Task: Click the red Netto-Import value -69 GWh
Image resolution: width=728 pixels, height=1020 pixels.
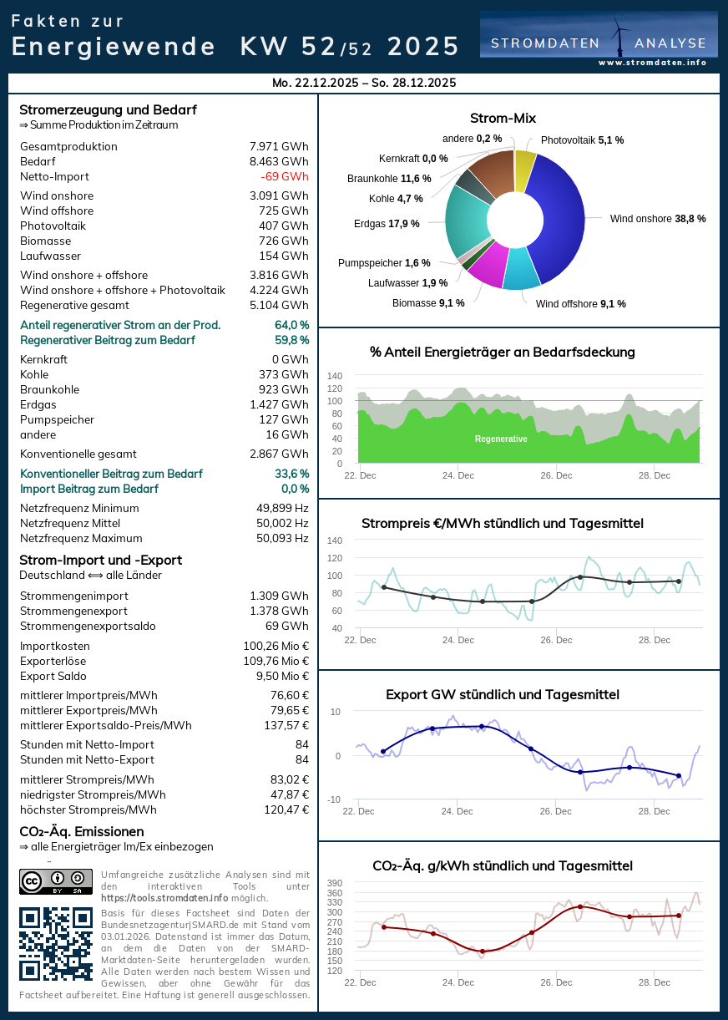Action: click(284, 176)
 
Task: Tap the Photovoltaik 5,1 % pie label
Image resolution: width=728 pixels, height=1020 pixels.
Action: click(582, 140)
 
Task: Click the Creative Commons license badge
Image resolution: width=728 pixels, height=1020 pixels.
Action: click(56, 881)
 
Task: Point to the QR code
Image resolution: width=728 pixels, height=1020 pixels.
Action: click(56, 943)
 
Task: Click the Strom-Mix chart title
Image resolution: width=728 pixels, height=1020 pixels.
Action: click(503, 119)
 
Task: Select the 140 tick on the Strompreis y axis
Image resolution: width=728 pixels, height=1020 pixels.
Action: click(335, 540)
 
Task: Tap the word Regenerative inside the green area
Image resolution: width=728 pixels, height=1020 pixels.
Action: click(501, 439)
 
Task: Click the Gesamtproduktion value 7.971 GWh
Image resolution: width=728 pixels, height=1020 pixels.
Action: click(279, 146)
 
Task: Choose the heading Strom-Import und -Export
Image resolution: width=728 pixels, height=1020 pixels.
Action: click(100, 560)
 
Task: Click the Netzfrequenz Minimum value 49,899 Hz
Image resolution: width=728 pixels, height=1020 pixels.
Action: click(282, 508)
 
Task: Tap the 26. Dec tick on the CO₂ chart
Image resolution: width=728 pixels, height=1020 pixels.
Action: click(556, 982)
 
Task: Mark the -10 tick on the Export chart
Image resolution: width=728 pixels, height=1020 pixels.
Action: click(335, 799)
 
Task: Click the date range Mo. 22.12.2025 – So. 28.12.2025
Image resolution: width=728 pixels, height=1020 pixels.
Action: click(364, 83)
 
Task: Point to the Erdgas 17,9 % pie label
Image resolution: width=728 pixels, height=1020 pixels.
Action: click(387, 223)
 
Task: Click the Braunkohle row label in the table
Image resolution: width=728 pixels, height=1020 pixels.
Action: click(49, 389)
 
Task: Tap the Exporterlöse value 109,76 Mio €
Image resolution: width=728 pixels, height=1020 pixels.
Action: click(276, 661)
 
